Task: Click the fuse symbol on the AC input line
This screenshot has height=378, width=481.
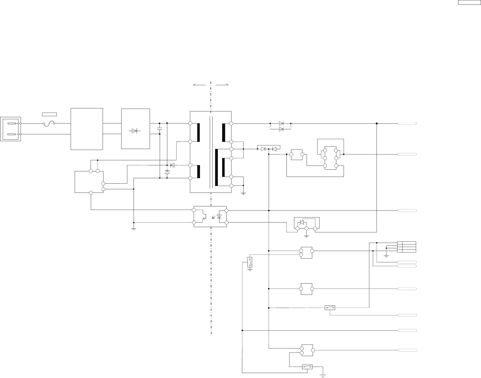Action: coord(49,123)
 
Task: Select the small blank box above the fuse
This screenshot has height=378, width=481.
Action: coord(49,114)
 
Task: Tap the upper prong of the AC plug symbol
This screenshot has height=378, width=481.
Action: coord(12,123)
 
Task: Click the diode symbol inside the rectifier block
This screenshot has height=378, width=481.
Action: coord(136,131)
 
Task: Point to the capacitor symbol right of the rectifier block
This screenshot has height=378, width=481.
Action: coord(159,129)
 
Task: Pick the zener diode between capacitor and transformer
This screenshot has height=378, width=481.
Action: coord(167,172)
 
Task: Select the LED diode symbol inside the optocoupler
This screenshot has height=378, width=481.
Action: coord(219,216)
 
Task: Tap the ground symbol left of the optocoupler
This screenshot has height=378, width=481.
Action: coord(134,229)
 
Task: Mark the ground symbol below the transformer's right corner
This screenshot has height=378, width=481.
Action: coord(244,193)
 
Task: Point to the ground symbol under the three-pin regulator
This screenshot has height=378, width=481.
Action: coord(306,236)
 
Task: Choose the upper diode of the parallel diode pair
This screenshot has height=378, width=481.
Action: coord(281,123)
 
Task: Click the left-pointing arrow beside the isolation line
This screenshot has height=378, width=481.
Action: coord(199,85)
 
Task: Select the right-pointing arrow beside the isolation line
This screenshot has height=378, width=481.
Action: coord(222,85)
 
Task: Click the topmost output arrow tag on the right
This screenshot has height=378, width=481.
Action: coord(407,123)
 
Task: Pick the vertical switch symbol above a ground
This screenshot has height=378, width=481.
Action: coord(250,262)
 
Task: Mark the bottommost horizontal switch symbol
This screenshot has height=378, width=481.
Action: coord(307,367)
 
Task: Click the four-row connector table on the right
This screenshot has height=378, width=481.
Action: coord(407,247)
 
